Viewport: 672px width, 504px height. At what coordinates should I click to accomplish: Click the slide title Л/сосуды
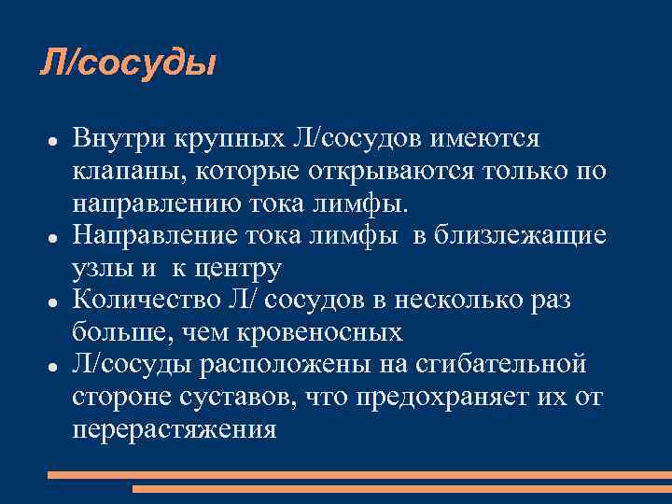128,63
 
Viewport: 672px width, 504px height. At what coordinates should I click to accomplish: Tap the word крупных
223,139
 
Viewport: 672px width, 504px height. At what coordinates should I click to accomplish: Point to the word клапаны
120,172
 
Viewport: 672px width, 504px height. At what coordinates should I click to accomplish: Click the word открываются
363,172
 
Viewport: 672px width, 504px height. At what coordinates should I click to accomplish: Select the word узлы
97,270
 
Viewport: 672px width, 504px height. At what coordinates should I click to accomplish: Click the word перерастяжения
174,429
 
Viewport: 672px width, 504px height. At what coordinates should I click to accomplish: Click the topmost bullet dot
54,140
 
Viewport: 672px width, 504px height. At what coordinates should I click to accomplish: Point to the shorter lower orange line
401,488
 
